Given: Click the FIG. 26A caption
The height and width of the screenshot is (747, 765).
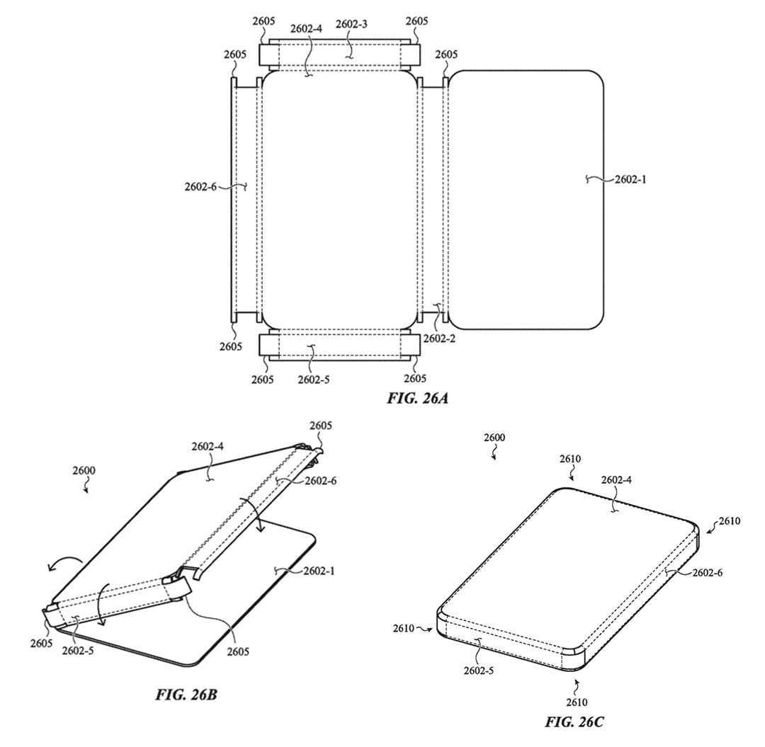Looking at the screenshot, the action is tap(418, 399).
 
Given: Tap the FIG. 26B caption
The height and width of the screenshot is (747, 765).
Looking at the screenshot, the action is tap(186, 695).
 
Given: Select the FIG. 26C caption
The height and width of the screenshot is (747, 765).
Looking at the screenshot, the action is tap(574, 722).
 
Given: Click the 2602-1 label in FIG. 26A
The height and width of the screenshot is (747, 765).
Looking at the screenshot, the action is tap(630, 179).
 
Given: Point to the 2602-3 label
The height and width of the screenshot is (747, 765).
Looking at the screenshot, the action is tap(352, 24).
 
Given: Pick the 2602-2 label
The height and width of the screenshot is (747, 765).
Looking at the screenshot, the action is tap(439, 338).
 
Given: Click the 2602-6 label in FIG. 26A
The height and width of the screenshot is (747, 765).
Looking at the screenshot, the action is tap(200, 186).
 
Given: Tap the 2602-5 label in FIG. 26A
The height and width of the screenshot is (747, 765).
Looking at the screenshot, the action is tap(314, 380).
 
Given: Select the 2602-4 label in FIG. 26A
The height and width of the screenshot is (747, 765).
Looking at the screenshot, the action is tap(307, 29).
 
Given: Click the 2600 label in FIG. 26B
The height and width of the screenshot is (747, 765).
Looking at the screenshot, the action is tap(84, 471).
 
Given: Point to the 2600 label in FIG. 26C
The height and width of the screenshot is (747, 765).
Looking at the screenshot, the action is tap(494, 438).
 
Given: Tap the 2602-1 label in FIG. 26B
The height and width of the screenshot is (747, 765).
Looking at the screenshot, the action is tap(319, 571).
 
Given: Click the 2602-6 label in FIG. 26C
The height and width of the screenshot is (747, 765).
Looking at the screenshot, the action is tap(708, 572).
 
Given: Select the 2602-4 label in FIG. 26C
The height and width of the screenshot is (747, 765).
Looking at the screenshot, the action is tap(616, 480).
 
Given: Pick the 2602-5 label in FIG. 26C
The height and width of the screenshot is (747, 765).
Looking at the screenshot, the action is tap(479, 671).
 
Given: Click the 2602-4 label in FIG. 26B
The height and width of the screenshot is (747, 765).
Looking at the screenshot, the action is tap(208, 446).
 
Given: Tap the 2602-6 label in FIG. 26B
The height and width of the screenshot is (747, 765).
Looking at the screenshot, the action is tap(321, 481).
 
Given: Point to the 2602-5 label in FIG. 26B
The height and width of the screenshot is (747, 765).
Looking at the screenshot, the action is tap(78, 651).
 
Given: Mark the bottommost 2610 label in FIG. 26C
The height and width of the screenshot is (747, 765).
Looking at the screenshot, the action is tap(577, 702).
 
